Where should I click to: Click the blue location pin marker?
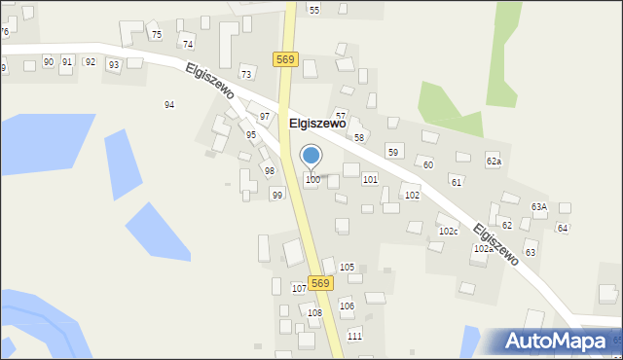311,157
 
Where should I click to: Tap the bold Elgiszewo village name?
318,124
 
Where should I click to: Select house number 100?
312,180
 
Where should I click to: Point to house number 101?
370,180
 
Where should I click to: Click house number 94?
169,104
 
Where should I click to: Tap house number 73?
246,74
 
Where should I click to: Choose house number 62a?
494,162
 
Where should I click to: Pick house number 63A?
538,207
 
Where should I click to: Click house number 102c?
448,232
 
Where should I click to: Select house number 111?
354,336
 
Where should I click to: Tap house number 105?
347,267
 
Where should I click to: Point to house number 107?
299,289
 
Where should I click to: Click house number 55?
313,10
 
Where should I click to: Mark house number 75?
156,35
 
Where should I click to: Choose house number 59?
393,153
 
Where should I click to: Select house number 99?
277,196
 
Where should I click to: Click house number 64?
562,228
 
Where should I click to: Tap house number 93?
114,65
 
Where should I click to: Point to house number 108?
314,313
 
